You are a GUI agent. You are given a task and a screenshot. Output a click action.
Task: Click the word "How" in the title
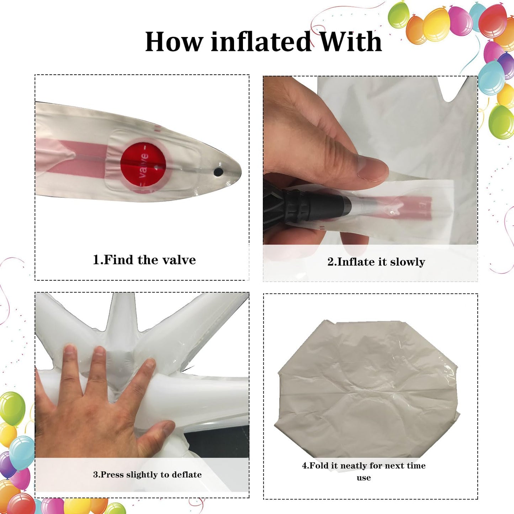[174, 42]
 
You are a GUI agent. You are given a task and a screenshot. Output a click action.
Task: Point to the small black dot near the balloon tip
[218, 172]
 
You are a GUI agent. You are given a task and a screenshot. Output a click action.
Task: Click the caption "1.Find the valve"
[144, 260]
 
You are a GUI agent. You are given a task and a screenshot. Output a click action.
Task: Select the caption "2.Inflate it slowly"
[376, 262]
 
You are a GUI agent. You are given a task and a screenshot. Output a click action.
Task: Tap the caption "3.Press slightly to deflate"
[147, 475]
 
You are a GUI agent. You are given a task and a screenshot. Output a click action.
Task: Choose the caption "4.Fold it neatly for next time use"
[364, 471]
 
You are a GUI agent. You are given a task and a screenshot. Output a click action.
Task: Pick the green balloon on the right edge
[502, 122]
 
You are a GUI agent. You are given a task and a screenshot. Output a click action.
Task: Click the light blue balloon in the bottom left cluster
[22, 453]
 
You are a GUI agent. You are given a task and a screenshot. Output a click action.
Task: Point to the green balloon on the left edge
[12, 408]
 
